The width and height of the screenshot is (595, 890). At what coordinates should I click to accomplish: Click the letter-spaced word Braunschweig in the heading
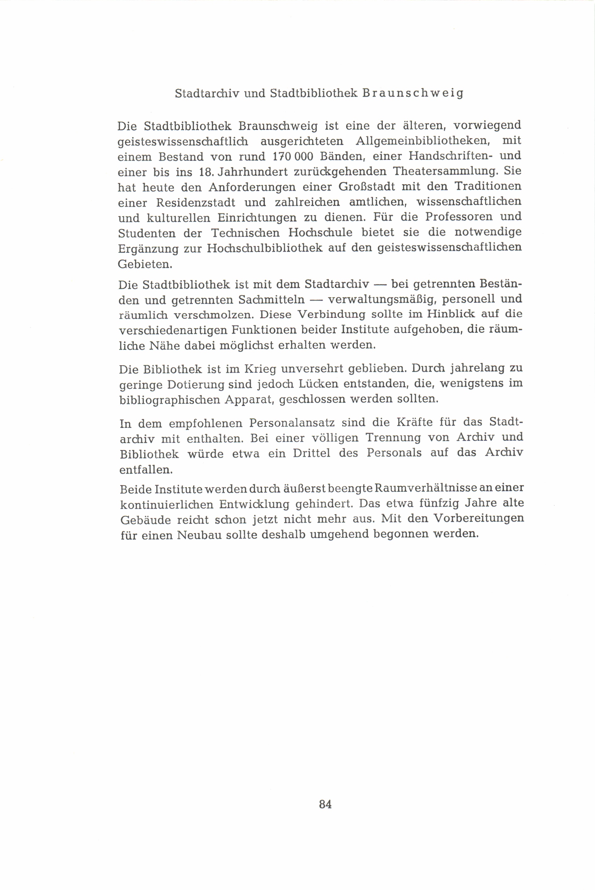coord(412,94)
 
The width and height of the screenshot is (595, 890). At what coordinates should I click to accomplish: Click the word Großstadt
coord(367,187)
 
